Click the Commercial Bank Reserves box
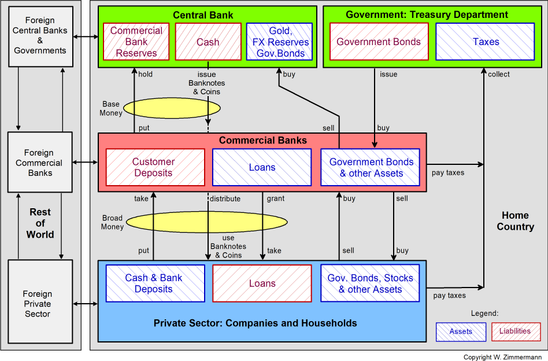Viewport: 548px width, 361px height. pos(136,42)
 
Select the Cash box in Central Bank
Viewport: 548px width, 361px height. pos(208,42)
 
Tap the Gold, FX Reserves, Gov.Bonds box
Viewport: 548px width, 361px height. pos(280,42)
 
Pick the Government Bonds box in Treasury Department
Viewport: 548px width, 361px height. pos(379,42)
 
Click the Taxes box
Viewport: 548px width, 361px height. pos(486,42)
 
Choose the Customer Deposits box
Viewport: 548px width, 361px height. pos(155,167)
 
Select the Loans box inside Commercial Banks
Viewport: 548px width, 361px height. pos(262,167)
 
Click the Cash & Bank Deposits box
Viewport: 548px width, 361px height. pos(155,283)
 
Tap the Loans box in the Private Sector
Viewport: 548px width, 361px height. pos(262,283)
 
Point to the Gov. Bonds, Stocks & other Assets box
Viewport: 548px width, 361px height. pos(370,283)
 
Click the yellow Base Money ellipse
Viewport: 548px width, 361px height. pos(172,108)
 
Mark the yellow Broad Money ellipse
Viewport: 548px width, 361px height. pos(206,222)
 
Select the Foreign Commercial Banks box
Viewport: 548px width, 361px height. pos(40,163)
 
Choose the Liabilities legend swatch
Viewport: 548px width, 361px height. pos(516,331)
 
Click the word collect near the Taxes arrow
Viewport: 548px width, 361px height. pos(499,74)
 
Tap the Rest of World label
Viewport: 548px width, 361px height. pos(40,223)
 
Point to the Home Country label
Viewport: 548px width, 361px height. pos(515,221)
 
